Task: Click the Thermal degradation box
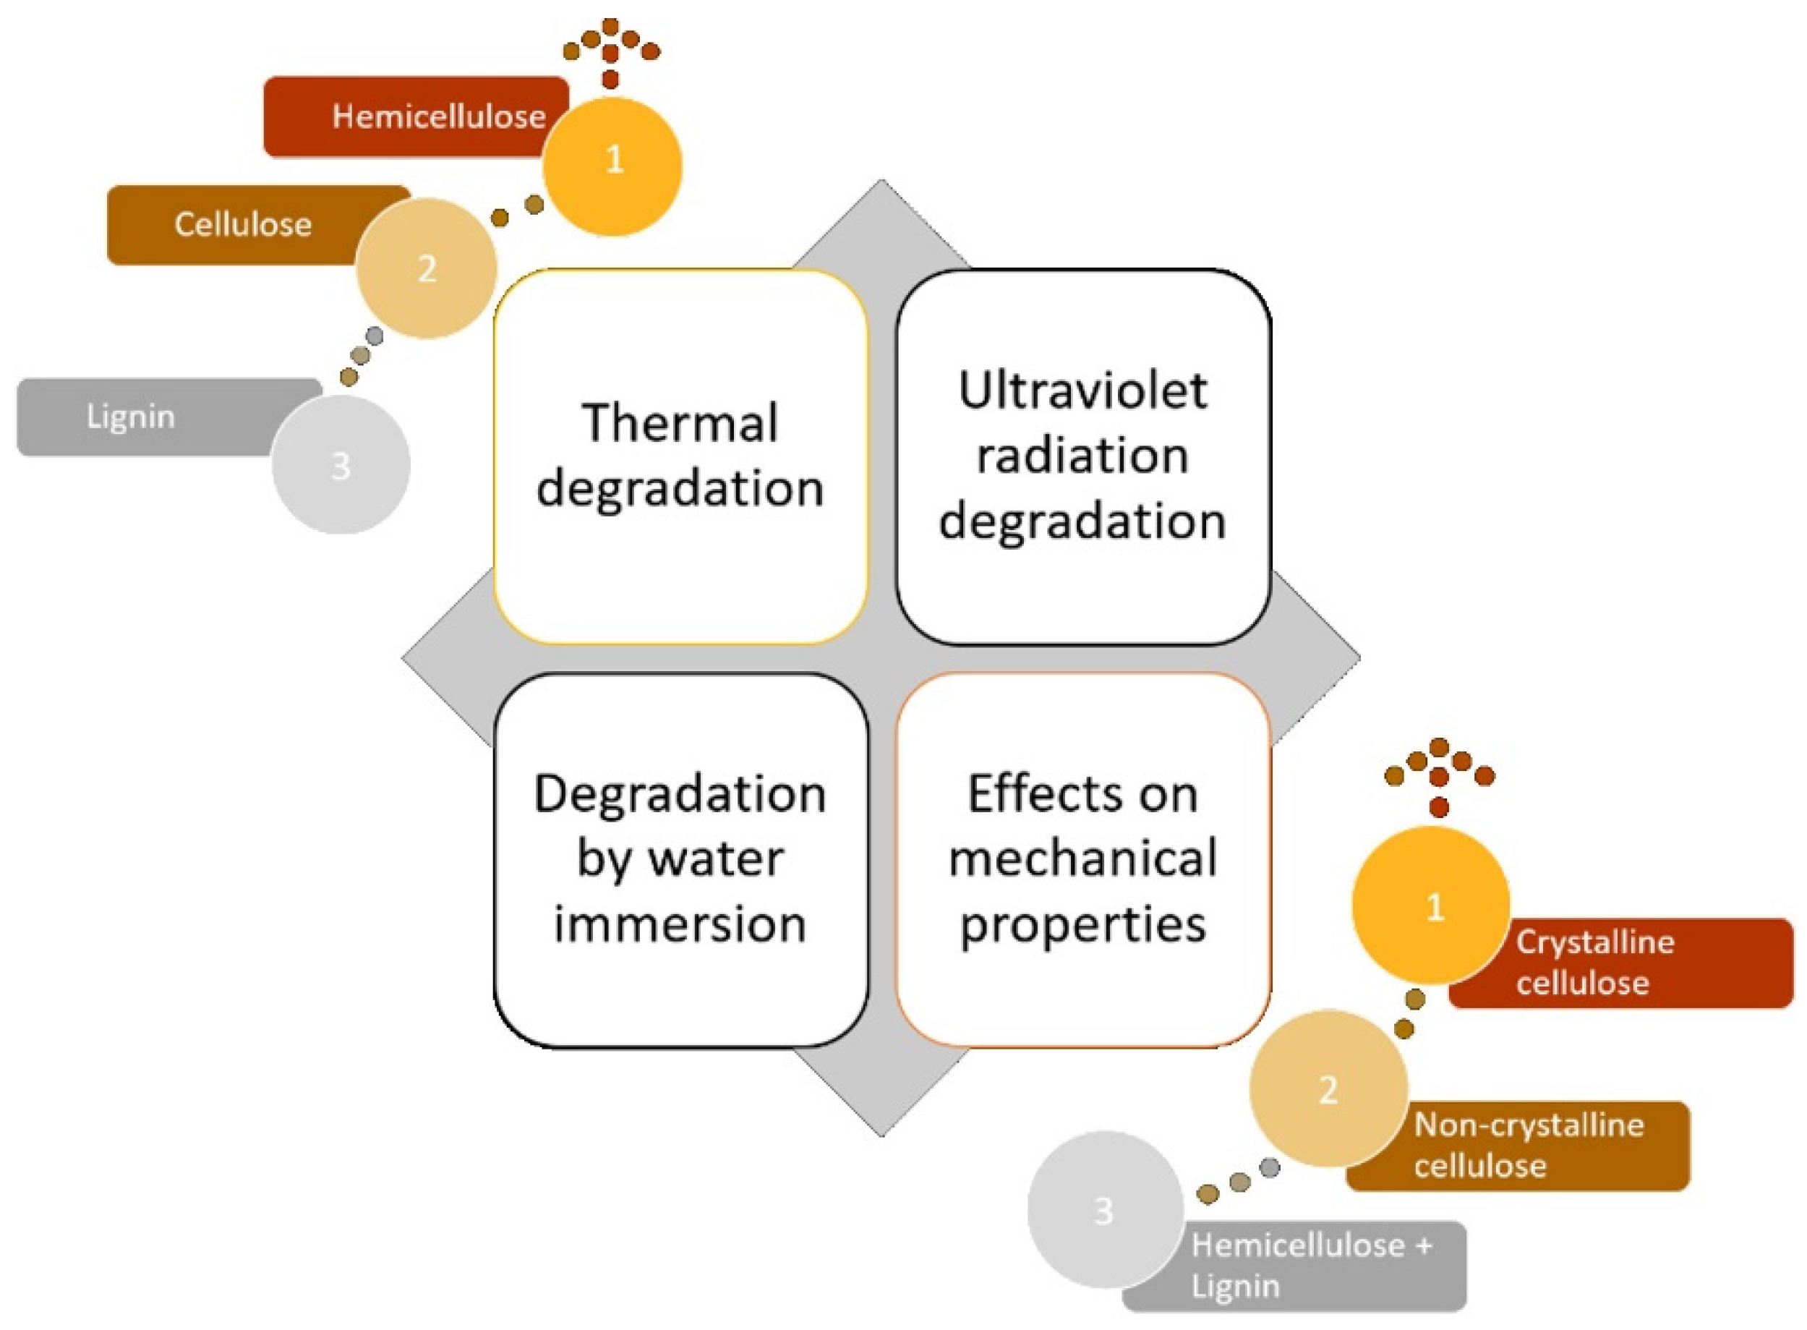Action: point(680,456)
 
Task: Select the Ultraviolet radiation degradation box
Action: point(1082,456)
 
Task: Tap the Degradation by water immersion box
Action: point(680,859)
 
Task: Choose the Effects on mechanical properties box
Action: point(1082,859)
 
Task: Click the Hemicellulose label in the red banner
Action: point(439,116)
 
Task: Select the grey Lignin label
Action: point(131,417)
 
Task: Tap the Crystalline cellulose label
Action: point(1594,962)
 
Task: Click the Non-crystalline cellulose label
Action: point(1528,1145)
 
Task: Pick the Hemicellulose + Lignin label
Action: point(1310,1266)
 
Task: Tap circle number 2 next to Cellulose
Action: point(427,268)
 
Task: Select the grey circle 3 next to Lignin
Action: point(341,465)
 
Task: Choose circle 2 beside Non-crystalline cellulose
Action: point(1328,1089)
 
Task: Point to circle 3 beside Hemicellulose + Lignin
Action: point(1104,1210)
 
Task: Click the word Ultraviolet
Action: point(1082,391)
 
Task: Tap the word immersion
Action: point(680,924)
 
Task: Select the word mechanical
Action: point(1082,859)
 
